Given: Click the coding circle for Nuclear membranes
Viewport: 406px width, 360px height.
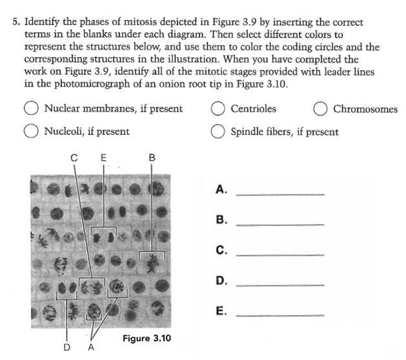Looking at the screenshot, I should (30, 109).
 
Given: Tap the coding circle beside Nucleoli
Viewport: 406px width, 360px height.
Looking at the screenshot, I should (30, 132).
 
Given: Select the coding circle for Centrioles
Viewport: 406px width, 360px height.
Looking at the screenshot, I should (218, 109).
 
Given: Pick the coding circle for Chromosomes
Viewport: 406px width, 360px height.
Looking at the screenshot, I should (320, 109).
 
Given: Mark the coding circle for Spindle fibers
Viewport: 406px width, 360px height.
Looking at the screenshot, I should (218, 132).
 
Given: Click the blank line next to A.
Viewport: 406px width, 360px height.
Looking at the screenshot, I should (279, 193).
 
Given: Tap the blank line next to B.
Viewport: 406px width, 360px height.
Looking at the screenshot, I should (279, 223).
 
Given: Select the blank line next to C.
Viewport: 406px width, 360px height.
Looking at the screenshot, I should (279, 254).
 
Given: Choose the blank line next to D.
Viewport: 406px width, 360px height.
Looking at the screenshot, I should (279, 284).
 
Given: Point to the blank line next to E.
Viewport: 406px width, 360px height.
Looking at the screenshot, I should (279, 314).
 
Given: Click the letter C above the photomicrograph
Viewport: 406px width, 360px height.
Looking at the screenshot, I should (74, 157).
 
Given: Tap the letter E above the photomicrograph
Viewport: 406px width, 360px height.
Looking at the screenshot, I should (103, 157).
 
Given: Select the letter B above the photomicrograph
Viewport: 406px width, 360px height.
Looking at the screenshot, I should (152, 157).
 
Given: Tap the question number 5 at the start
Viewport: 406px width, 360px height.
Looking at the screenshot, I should (15, 22).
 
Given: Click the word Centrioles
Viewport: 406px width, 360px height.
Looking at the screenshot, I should (253, 109).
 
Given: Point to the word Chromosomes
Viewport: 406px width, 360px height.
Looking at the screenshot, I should (365, 109).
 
